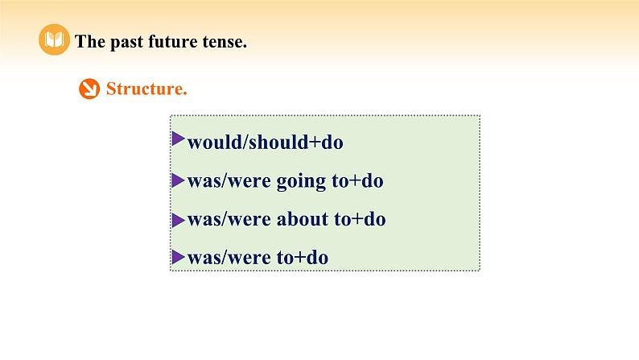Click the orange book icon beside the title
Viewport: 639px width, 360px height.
54,41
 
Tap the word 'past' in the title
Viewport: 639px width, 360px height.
123,43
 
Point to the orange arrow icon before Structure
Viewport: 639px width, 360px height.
89,89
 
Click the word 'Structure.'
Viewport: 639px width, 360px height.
146,89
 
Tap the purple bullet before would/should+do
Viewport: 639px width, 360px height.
178,139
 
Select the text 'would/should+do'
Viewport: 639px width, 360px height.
265,143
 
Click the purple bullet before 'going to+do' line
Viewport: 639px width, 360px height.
178,178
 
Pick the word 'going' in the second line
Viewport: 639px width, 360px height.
302,182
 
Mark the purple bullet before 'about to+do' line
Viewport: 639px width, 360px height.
178,217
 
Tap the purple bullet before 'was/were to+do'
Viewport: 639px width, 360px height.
178,255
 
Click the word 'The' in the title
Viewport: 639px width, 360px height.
89,43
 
